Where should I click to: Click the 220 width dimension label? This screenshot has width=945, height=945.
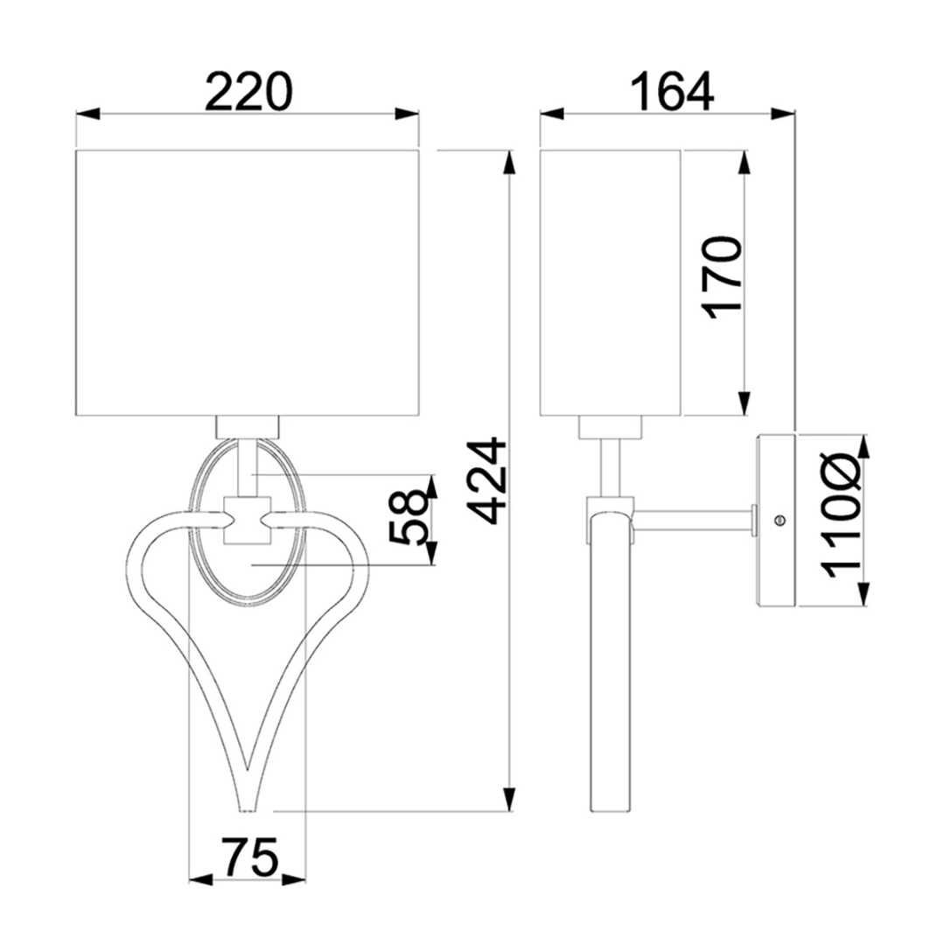point(248,92)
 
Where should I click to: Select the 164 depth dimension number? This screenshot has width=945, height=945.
point(672,92)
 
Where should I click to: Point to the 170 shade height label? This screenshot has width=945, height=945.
point(723,278)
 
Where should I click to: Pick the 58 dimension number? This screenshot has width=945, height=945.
point(408,516)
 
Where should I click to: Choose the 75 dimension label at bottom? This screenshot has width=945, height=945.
point(251,857)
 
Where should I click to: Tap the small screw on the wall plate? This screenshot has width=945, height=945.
point(780,519)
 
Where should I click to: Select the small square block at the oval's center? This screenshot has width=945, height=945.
point(247,520)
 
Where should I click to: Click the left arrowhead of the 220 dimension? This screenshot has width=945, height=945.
point(87,114)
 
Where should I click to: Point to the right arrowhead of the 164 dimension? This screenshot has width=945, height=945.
point(783,114)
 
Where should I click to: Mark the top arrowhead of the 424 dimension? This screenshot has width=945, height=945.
point(510,162)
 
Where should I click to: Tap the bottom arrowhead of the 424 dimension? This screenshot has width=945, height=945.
point(510,799)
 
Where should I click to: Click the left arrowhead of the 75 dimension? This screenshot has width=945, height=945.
point(201,879)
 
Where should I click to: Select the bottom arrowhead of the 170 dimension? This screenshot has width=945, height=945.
point(745,403)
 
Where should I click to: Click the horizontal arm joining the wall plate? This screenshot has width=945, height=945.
point(693,520)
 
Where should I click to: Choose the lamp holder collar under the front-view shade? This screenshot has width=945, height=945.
point(248,427)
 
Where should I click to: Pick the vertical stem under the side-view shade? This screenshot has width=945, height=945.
point(610,467)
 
